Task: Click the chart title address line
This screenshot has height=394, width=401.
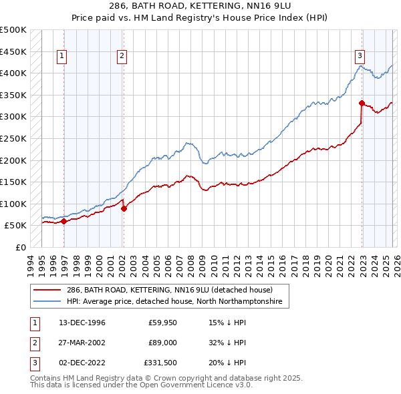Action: click(200, 5)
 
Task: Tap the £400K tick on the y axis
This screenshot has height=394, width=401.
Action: click(13, 73)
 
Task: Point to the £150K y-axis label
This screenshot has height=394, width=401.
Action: click(13, 182)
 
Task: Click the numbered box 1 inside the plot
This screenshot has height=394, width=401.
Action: click(61, 57)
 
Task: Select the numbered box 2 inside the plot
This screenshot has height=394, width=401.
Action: click(122, 57)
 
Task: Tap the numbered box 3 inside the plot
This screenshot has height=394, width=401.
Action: click(360, 57)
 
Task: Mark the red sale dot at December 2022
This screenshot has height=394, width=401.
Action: click(362, 103)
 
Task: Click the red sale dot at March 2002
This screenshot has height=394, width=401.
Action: click(124, 208)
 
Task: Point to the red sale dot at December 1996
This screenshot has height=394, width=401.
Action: click(64, 221)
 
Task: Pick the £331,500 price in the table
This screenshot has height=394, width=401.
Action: click(160, 363)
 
